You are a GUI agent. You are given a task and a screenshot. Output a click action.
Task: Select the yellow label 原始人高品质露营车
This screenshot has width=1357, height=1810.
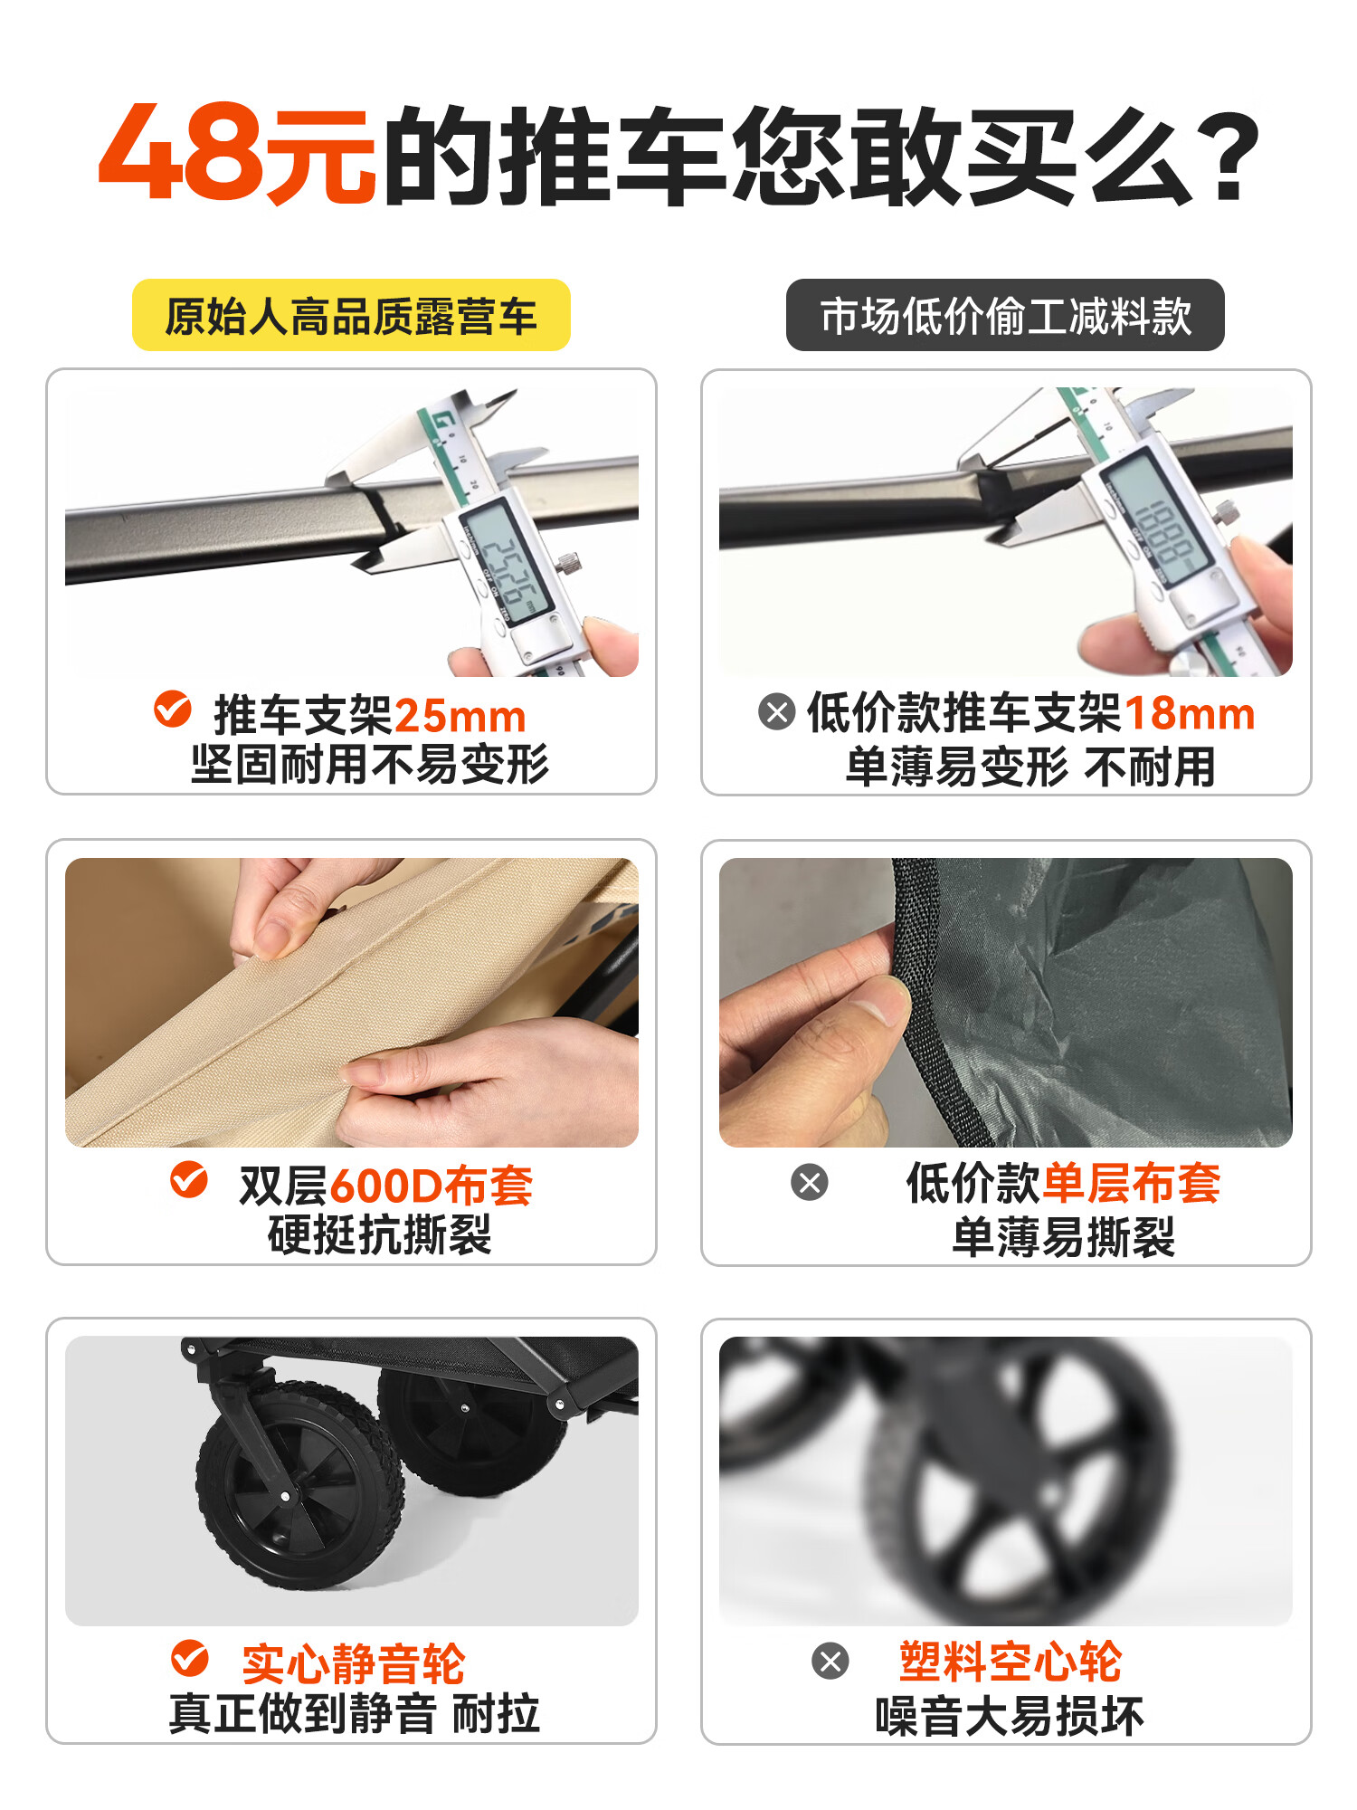(x=351, y=315)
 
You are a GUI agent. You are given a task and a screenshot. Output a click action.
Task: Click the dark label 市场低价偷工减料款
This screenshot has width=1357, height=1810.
(x=1005, y=315)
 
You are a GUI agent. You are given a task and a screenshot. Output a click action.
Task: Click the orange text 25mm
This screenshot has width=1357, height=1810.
(x=460, y=717)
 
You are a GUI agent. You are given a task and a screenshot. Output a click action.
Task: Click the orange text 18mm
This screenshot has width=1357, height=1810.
(x=1190, y=713)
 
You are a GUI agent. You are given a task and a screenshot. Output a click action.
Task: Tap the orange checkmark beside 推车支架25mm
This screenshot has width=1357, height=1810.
(x=172, y=709)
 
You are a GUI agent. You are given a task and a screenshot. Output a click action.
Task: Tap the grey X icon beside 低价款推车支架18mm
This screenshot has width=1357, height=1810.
(x=777, y=711)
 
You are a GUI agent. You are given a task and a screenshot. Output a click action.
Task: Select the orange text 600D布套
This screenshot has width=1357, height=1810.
(x=431, y=1186)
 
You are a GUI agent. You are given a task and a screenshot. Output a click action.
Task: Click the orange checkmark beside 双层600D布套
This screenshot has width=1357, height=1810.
(x=189, y=1179)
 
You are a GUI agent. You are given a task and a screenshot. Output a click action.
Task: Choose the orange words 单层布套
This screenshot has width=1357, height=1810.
(x=1131, y=1182)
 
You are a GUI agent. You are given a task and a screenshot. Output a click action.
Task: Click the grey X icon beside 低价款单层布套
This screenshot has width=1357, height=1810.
(x=810, y=1182)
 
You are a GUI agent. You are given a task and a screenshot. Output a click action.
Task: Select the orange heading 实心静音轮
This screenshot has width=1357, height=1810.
(x=354, y=1663)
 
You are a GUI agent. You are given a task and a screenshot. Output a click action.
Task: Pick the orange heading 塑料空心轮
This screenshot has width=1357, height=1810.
(x=1010, y=1661)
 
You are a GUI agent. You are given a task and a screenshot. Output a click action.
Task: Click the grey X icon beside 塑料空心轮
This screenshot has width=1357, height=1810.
(x=830, y=1661)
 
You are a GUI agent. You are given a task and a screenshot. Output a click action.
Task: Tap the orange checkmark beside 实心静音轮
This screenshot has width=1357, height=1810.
(x=190, y=1658)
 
